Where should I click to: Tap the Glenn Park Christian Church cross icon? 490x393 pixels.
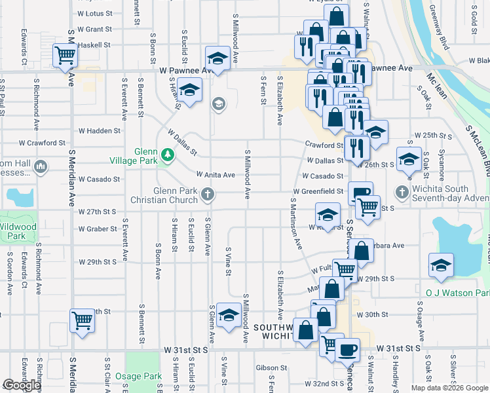click(208, 193)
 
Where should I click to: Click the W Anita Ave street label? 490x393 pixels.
click(216, 175)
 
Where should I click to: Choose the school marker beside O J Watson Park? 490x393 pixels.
click(441, 266)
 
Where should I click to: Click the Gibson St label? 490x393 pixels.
click(272, 368)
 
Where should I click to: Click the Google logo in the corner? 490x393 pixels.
click(22, 385)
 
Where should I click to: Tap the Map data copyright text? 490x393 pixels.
click(449, 388)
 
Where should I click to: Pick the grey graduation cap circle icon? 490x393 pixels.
click(218, 103)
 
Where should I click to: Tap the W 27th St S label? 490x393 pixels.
click(97, 212)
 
